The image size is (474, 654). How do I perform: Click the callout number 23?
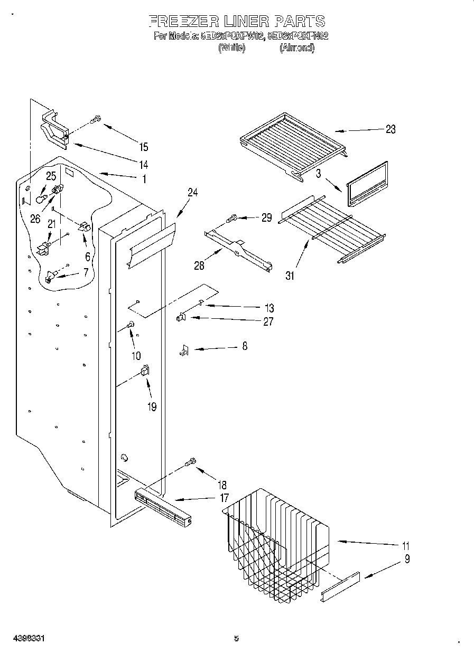coord(390,129)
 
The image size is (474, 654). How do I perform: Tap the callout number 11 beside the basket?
coord(405,546)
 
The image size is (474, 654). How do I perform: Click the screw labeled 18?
coord(191,463)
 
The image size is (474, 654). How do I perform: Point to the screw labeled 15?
coord(96,120)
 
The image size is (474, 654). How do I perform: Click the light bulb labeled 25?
coord(40,199)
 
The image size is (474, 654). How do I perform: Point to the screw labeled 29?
coord(232,217)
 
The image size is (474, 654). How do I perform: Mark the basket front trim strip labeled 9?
coord(340,586)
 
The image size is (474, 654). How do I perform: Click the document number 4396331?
coord(25,639)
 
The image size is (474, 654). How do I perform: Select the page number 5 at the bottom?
coord(236,639)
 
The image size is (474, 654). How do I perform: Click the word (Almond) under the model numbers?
coord(296,48)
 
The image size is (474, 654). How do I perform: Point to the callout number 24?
coord(192,193)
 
